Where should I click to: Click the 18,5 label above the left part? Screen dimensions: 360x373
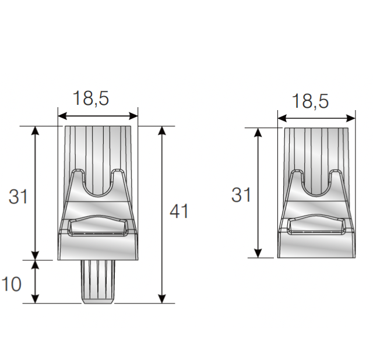[90, 98]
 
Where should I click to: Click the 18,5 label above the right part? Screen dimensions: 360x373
[310, 101]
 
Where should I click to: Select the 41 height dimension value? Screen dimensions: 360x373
[179, 211]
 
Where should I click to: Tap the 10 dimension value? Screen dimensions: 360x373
[11, 284]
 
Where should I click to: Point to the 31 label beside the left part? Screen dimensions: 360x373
[18, 197]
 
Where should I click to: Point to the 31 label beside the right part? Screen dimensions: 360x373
[241, 195]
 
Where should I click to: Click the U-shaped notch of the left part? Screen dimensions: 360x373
[98, 183]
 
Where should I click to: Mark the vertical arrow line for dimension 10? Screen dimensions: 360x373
[36, 281]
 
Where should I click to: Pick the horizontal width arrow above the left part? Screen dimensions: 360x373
[98, 115]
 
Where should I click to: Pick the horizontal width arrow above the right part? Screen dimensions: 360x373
[316, 118]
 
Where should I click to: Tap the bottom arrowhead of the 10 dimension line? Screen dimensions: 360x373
[36, 298]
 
